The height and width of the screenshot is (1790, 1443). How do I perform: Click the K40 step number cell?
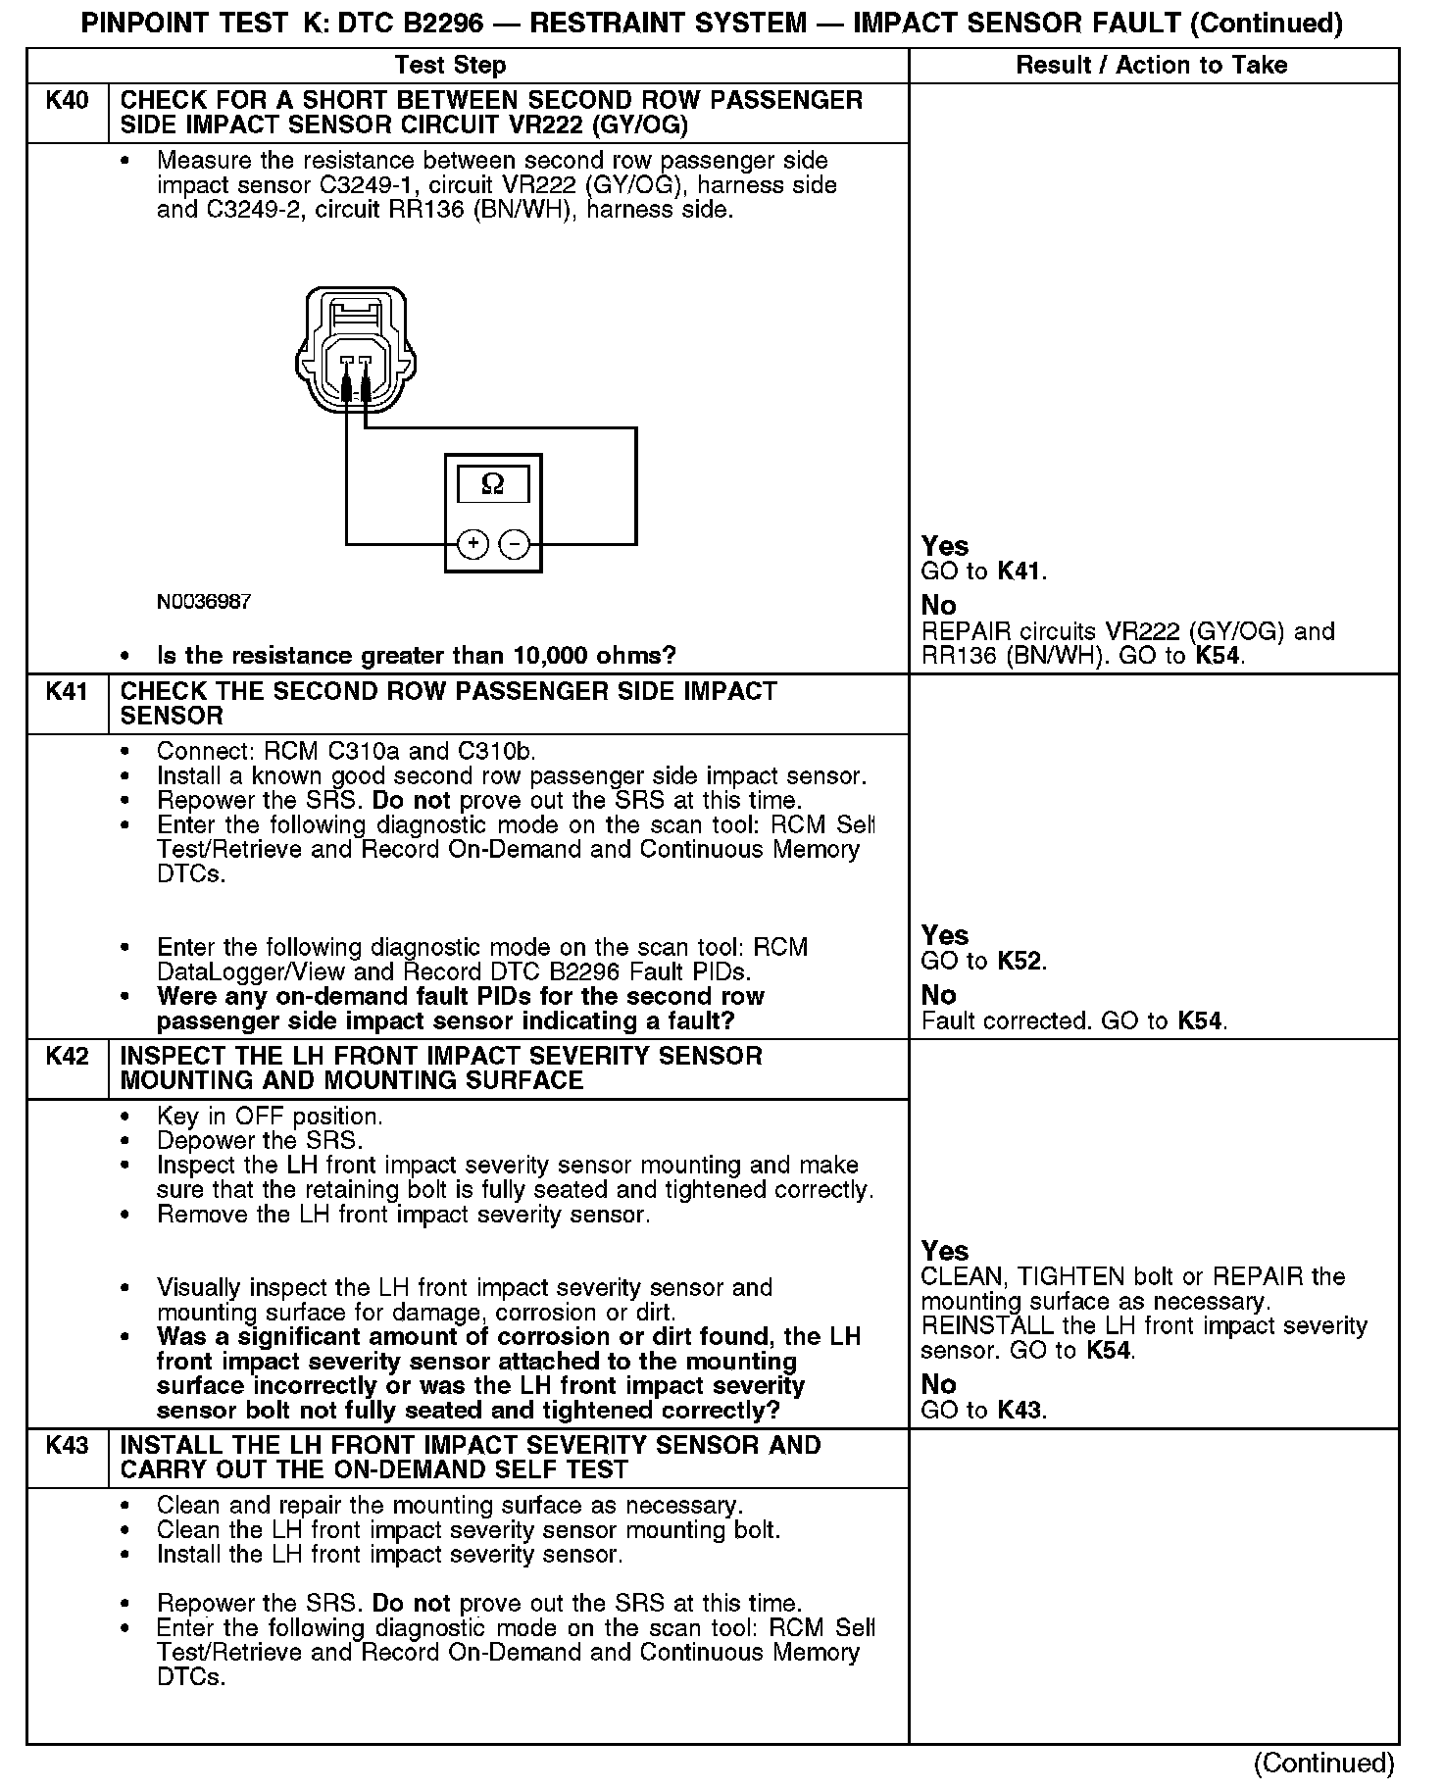click(67, 101)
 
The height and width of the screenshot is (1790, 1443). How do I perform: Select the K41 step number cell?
click(67, 692)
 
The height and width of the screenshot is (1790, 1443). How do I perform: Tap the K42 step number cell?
click(67, 1057)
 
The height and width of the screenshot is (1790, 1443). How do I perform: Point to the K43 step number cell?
click(67, 1446)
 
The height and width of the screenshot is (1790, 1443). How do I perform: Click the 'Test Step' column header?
click(450, 66)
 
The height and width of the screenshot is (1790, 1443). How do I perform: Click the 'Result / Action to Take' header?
click(1152, 66)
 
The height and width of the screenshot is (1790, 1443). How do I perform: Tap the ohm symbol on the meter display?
click(493, 484)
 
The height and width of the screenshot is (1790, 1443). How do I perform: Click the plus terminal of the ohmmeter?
click(473, 543)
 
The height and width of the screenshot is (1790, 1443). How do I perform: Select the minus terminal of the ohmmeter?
click(515, 543)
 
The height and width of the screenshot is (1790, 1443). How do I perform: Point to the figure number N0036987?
click(204, 602)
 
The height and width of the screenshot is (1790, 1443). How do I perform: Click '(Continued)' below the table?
click(1322, 1763)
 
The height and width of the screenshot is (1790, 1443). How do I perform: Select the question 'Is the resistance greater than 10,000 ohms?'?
click(417, 656)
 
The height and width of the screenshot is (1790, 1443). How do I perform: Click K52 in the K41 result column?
click(1020, 962)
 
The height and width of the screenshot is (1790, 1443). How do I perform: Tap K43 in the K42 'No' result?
click(1020, 1411)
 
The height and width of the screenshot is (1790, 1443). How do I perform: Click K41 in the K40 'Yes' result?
click(1020, 572)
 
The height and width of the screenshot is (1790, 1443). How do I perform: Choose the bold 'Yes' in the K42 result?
click(945, 1251)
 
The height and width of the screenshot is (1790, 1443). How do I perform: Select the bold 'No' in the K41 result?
click(938, 995)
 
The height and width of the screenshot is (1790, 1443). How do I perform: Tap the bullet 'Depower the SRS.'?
click(260, 1141)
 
